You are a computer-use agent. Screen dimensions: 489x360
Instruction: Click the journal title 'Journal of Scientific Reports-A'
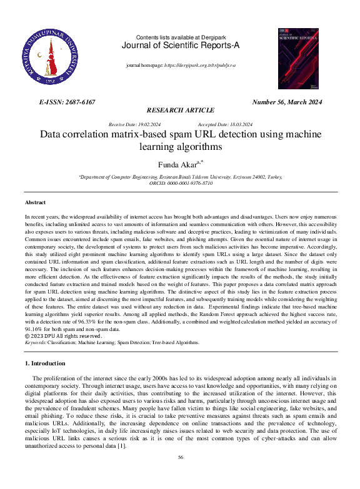tap(179, 46)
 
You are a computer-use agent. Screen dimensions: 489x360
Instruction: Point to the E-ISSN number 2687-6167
tap(67, 102)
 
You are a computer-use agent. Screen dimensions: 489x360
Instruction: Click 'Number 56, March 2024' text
tap(287, 102)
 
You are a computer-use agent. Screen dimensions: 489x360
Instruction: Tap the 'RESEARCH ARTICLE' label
tap(179, 110)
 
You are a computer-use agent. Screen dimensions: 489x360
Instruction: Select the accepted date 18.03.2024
tap(239, 124)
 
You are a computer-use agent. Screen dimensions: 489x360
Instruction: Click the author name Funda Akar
tap(177, 165)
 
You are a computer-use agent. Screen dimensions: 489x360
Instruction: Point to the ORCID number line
tap(180, 183)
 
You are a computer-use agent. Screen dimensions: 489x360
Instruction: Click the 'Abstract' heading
tap(35, 203)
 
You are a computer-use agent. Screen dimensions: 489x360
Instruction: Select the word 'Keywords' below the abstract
tap(35, 342)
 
